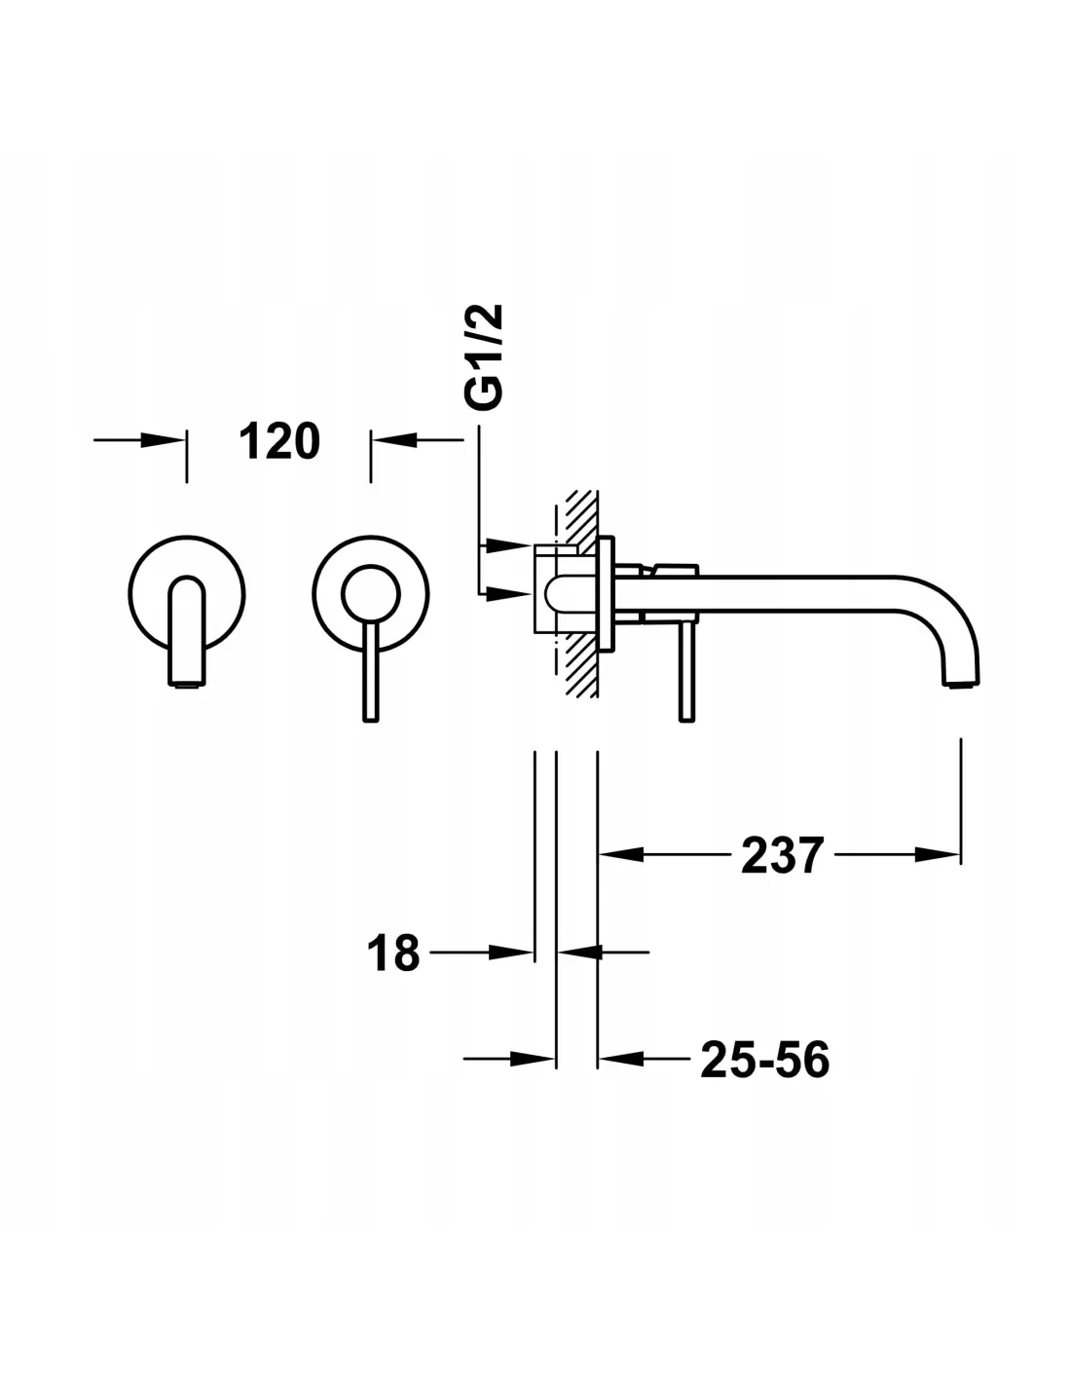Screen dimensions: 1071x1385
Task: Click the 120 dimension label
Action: tap(279, 441)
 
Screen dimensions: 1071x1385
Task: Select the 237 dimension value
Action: tap(783, 855)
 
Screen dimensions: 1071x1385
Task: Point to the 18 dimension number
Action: tap(393, 954)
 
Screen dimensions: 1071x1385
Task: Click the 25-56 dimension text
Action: tap(764, 1060)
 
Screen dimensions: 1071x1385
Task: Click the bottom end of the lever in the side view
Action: tap(687, 720)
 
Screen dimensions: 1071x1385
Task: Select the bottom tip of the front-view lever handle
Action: tap(371, 720)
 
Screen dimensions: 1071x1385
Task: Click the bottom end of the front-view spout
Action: tap(187, 685)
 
